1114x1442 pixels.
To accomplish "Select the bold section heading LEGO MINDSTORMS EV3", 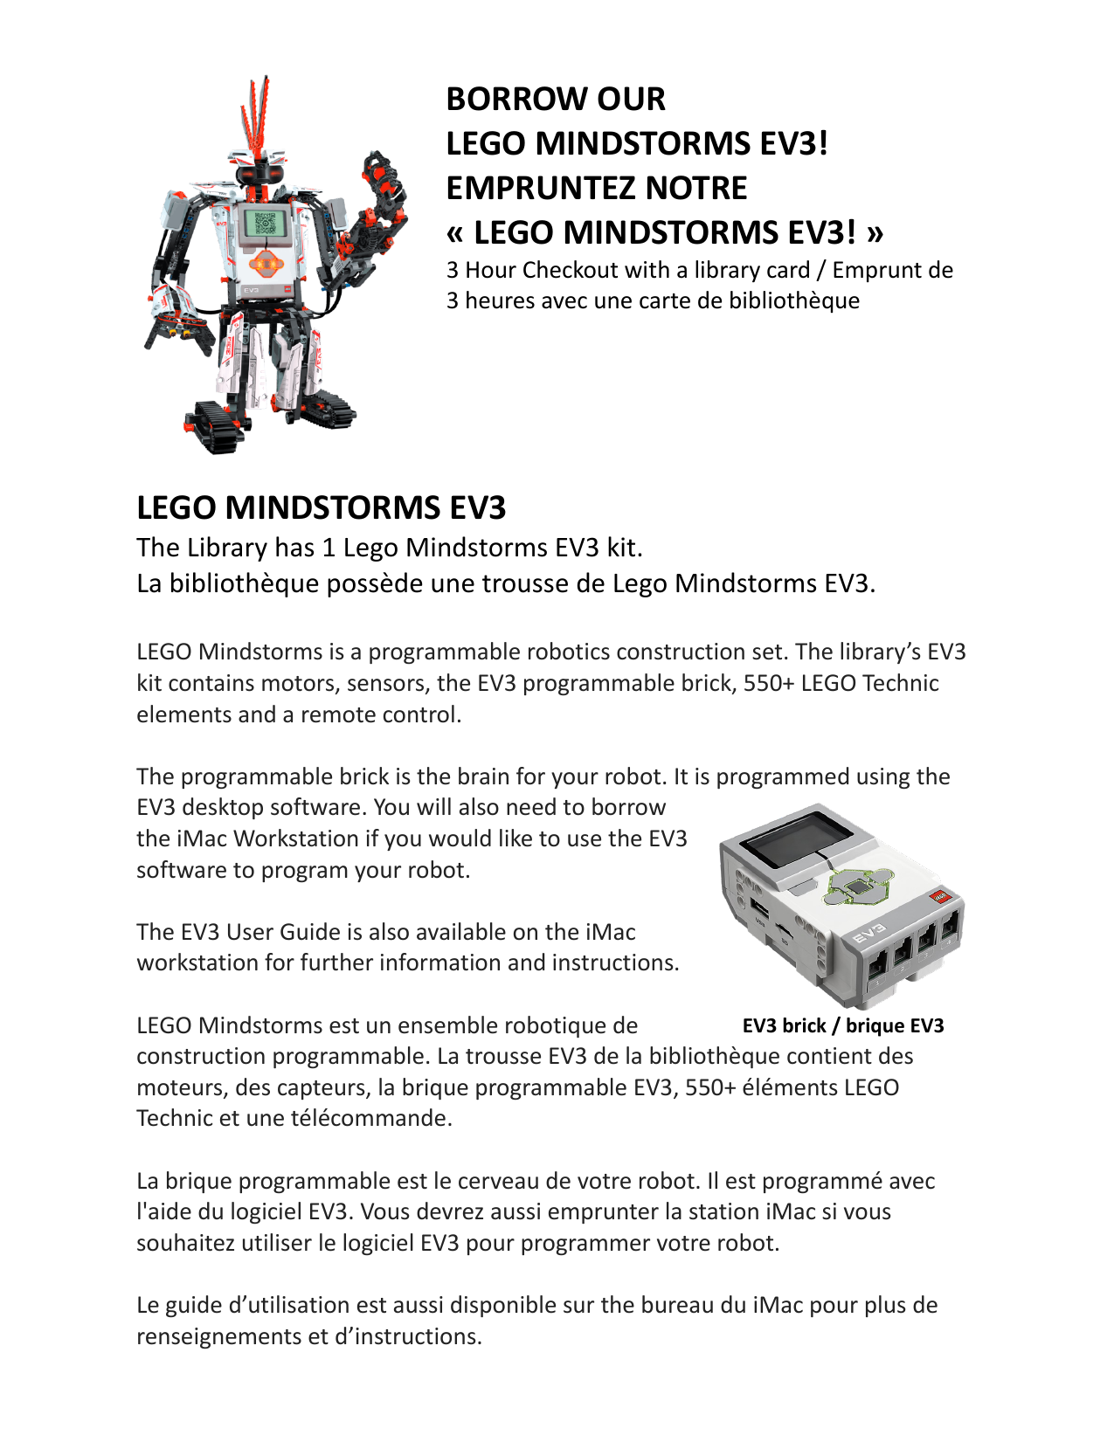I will [321, 508].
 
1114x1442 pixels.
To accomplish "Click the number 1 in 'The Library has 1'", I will [329, 548].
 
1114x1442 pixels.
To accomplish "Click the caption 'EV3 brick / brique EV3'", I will [843, 1025].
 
